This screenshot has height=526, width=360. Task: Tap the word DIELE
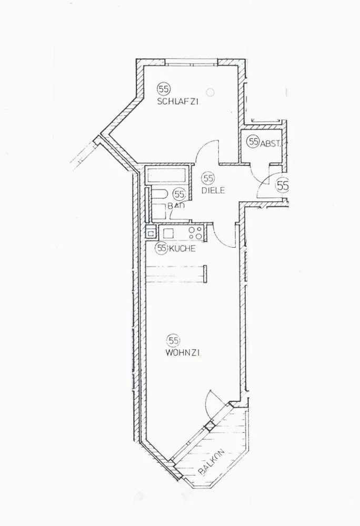point(213,191)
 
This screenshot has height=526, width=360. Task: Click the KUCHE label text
point(182,249)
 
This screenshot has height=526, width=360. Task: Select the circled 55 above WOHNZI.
point(174,340)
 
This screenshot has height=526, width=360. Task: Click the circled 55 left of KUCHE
point(162,248)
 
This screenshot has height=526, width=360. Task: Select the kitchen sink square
point(151,232)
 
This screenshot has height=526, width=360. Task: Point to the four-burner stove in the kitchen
point(195,231)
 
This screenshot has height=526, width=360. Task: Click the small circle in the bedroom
point(212,93)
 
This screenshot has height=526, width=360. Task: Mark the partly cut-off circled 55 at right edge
point(284,185)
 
